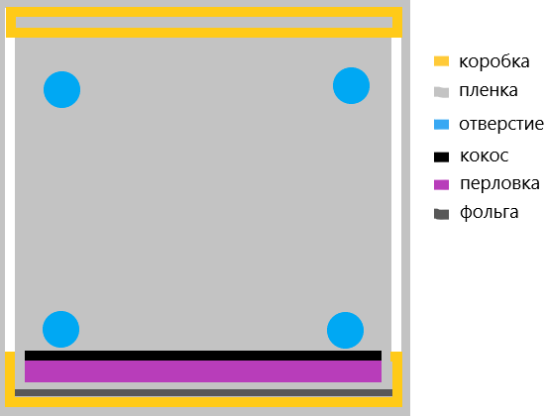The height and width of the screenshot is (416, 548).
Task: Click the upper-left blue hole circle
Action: [61, 89]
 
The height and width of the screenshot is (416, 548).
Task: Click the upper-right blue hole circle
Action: [351, 85]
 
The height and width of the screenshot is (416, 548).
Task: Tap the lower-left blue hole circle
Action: [60, 329]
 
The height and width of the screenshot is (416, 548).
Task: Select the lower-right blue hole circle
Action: [345, 330]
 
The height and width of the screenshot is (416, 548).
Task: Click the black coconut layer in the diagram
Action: [203, 356]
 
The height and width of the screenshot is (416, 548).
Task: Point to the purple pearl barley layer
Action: [203, 371]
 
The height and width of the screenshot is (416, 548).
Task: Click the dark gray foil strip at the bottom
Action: [203, 392]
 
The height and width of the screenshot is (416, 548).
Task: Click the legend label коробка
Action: [494, 61]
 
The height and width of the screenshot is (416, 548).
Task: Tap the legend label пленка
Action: [489, 90]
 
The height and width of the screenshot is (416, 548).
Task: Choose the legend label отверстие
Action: [501, 124]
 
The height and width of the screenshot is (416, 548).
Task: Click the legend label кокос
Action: [484, 156]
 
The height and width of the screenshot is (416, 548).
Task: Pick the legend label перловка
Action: [499, 183]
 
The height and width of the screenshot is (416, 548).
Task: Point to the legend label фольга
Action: [489, 212]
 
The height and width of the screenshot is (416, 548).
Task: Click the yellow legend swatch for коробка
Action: [441, 61]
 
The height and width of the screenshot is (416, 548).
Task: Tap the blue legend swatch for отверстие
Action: [441, 125]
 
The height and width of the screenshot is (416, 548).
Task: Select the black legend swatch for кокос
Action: [441, 156]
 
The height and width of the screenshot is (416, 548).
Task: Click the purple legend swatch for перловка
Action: [441, 184]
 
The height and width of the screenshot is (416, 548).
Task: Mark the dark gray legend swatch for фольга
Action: [441, 214]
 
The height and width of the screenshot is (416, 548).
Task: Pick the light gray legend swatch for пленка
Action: [441, 92]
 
